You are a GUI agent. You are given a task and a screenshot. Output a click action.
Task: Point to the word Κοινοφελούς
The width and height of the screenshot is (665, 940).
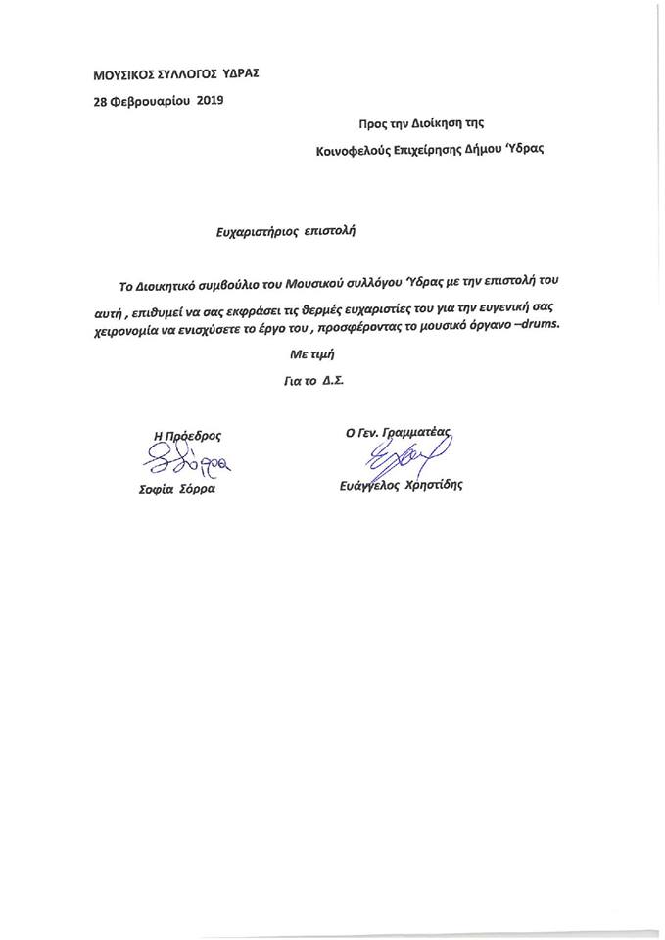(352, 151)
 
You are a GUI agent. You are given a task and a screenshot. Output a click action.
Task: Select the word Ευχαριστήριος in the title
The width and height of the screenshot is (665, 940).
(260, 232)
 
